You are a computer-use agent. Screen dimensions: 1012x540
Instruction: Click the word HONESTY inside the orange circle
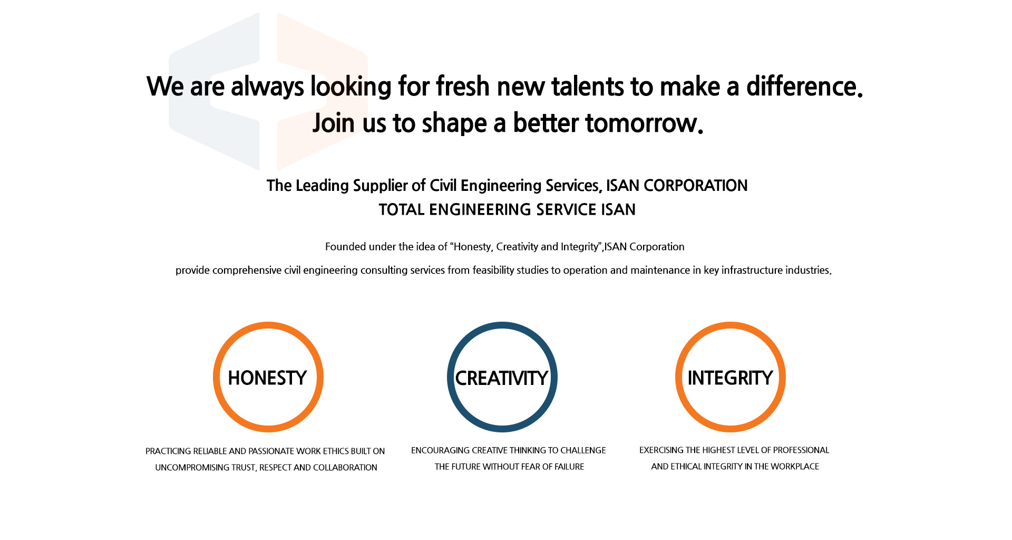coord(267,378)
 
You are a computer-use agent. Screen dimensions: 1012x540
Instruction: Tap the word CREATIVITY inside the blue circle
coord(502,378)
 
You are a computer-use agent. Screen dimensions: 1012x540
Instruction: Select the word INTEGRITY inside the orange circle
coord(730,378)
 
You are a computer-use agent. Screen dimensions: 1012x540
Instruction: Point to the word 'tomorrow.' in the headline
coord(644,123)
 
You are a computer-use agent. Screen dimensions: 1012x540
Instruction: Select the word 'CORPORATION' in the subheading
coord(696,186)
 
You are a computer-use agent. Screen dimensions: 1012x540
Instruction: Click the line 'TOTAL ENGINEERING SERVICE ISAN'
coord(507,210)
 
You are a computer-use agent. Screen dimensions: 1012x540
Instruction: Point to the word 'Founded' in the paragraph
coord(345,247)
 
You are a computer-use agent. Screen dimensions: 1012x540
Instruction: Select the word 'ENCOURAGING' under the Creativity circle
coord(440,450)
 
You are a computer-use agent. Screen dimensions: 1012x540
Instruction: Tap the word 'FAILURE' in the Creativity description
coord(569,467)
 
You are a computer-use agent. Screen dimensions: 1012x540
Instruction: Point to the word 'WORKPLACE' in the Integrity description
coord(795,467)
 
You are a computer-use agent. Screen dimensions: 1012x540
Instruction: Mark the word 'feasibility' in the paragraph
coord(493,271)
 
